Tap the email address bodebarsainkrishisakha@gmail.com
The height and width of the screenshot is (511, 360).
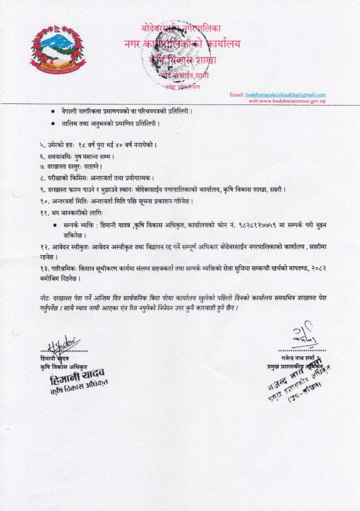[286, 94]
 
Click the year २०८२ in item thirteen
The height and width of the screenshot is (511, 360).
[317, 269]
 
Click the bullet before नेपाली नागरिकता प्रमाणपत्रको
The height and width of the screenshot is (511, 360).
[53, 111]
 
